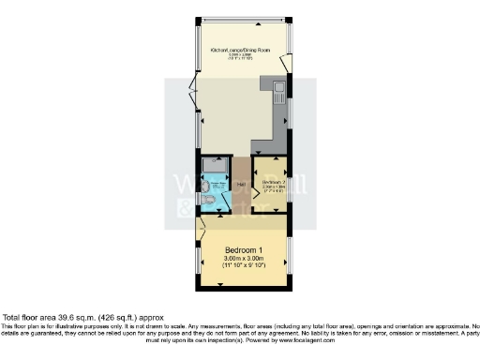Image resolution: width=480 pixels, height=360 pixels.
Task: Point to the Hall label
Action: click(241, 185)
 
